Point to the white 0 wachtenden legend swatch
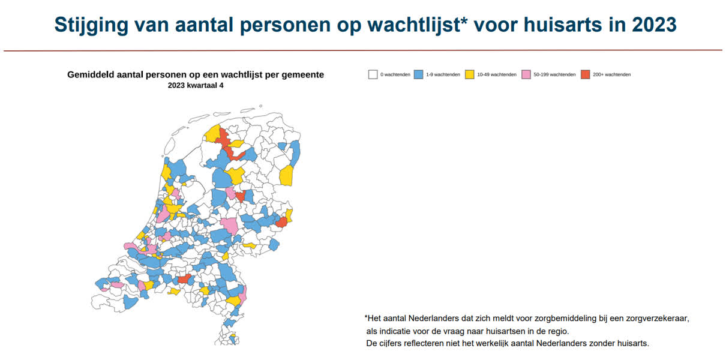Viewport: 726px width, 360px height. point(373,74)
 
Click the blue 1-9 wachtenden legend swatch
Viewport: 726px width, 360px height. point(419,74)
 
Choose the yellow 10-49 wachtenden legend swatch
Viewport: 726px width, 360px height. point(470,74)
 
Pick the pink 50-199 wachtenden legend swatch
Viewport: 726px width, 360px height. point(526,74)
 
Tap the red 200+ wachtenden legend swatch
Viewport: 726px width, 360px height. point(586,74)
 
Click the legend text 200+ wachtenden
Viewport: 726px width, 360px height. point(611,74)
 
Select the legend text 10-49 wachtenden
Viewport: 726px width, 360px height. point(496,74)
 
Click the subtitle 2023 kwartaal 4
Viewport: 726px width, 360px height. point(196,85)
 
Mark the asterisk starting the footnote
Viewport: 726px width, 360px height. point(366,317)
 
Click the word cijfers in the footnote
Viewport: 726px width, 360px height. point(393,343)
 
